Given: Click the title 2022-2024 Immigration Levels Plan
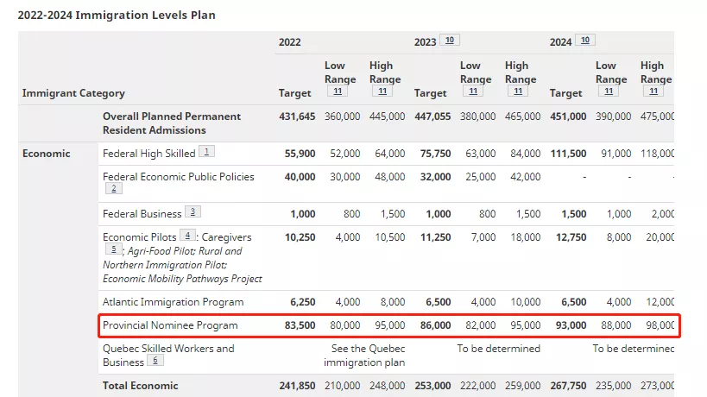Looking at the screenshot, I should tap(117, 15).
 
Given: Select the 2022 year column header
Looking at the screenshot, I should tap(290, 42).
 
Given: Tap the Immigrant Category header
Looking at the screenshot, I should tap(73, 93).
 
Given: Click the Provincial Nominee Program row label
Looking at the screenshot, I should tap(170, 325).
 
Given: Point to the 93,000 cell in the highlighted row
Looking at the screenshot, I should tap(569, 325).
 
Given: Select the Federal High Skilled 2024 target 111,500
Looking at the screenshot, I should tap(568, 154).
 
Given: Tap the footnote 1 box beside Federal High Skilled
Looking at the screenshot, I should tap(207, 152).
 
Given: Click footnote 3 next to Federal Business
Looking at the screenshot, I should tap(193, 211).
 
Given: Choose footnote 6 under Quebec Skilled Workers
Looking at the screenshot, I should tap(156, 361).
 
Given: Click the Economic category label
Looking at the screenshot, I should tap(47, 154).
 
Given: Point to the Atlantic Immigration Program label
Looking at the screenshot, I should tap(174, 302).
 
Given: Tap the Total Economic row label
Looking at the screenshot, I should tap(141, 386).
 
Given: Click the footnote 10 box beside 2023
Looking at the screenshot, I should tap(450, 41).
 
